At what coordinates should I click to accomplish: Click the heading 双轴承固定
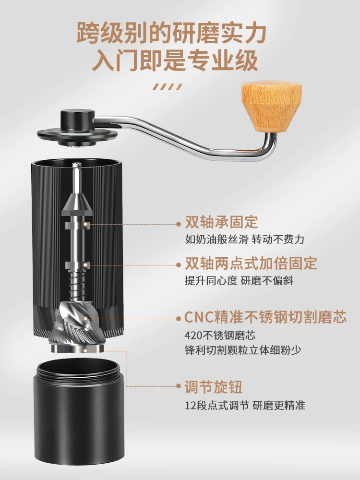221,223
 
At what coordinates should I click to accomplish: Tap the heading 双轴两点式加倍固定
251,264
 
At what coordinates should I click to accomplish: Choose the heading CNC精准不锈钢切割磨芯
265,318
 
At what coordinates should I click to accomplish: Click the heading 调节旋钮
214,387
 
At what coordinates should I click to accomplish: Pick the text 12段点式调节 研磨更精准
245,405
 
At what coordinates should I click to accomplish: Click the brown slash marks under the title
168,87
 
